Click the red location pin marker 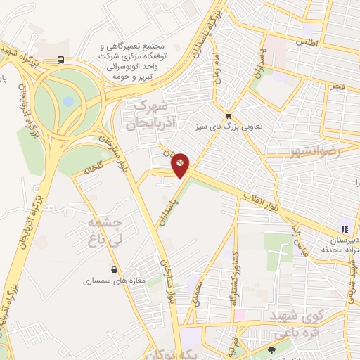tap(181, 166)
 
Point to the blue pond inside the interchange tap(67, 102)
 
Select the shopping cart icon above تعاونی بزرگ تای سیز tap(228, 115)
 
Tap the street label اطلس tap(307, 43)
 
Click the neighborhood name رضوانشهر tap(314, 151)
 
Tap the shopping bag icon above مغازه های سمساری tap(114, 269)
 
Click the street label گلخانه tap(93, 169)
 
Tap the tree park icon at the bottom tap(272, 349)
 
